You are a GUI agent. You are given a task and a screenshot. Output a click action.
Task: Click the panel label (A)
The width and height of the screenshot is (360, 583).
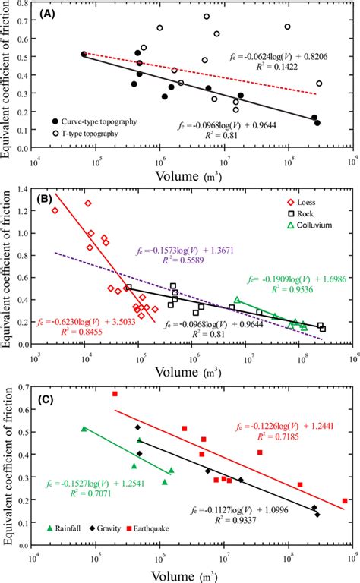(54, 14)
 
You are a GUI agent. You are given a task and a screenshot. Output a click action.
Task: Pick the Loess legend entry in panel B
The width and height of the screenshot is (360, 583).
(307, 202)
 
